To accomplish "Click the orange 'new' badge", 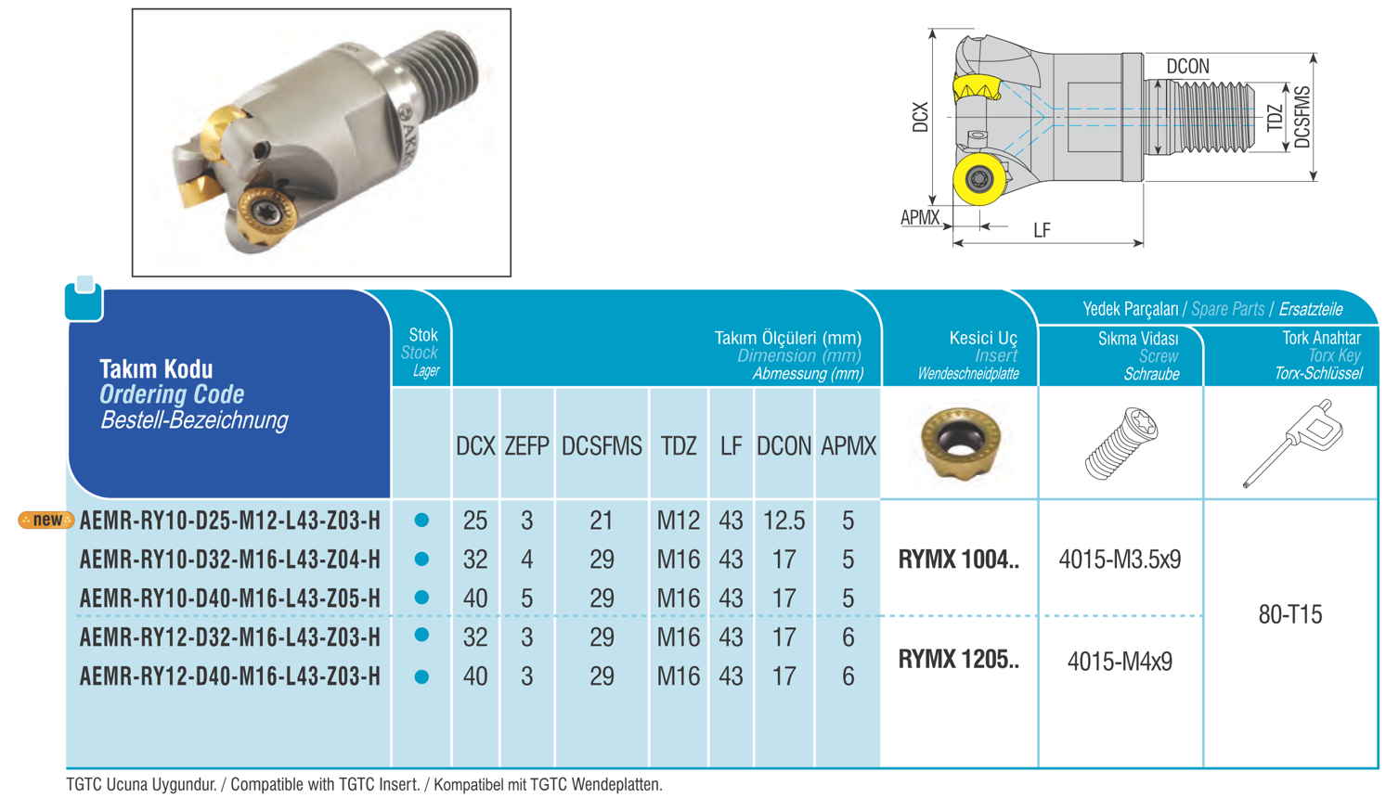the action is coord(46,520).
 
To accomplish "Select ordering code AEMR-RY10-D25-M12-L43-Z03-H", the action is coord(230,521).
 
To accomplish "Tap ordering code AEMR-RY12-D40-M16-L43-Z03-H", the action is coord(230,676).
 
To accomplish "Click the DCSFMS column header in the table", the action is coord(602,446).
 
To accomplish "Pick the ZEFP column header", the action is coord(526,446).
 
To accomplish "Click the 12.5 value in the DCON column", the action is coord(784,521).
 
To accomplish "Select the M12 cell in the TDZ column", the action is coord(679,521).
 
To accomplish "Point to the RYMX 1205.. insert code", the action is coord(958,660).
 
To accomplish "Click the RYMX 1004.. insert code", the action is coord(958,560).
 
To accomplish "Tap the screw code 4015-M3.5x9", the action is coord(1120,560).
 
